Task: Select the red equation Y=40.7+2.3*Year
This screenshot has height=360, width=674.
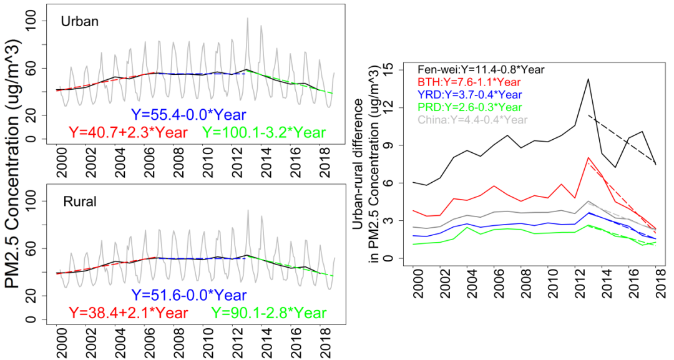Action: [125, 132]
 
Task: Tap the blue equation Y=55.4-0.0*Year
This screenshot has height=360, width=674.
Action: [188, 115]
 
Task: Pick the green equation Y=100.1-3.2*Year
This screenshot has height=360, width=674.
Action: [264, 132]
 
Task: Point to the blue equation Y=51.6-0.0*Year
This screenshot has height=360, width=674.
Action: [188, 295]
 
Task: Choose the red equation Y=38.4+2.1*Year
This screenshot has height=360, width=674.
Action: [125, 313]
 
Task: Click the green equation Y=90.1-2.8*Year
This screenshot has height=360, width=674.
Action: [268, 313]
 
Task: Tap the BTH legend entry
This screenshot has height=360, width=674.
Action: [459, 82]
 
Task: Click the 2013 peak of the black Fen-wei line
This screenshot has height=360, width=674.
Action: [588, 79]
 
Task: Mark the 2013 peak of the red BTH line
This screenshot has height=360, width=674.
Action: [588, 158]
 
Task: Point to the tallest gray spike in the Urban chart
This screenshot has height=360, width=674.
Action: [247, 18]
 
